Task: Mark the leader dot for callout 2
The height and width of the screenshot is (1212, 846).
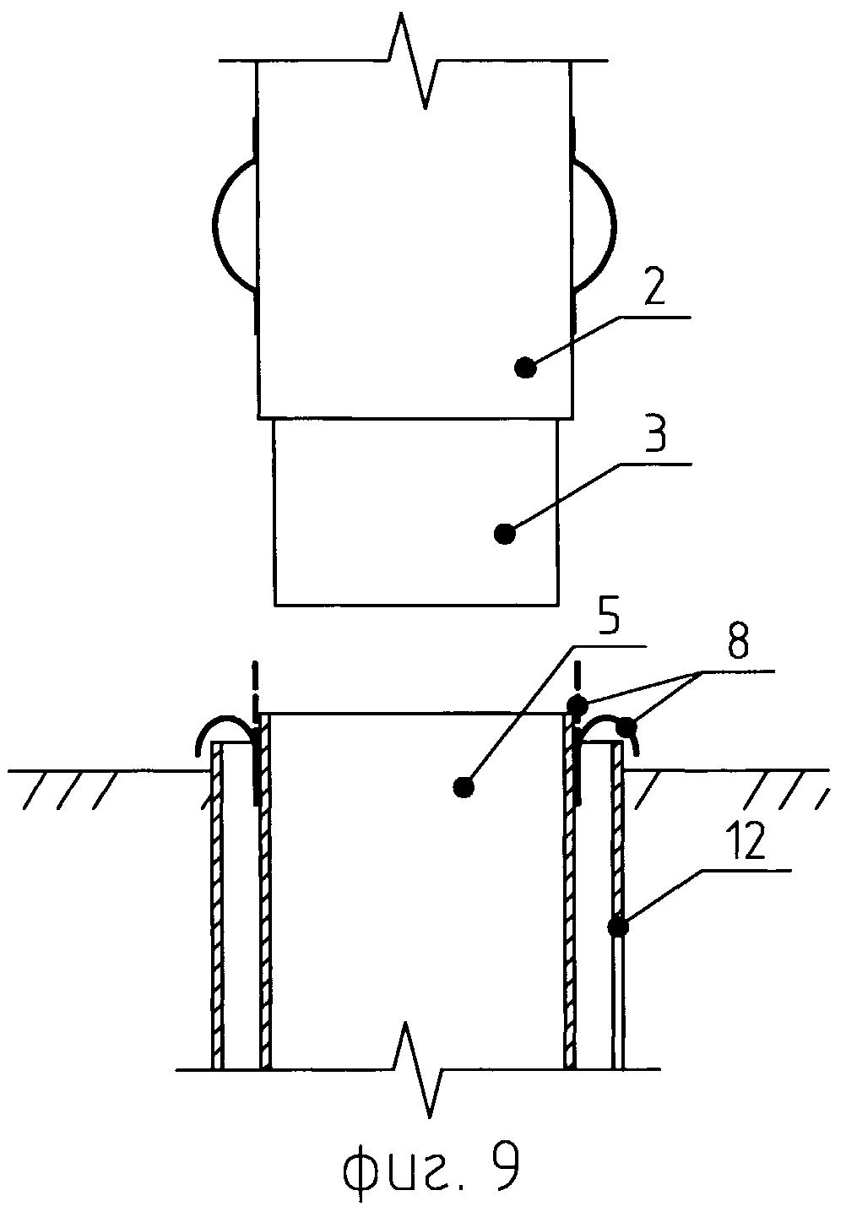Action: click(x=525, y=367)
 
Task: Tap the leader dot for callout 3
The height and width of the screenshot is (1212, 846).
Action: click(x=504, y=533)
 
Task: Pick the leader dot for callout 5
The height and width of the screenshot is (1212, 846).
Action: click(x=461, y=787)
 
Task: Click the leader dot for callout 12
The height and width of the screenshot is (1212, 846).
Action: click(x=619, y=927)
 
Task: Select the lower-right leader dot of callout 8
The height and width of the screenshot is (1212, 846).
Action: click(x=626, y=725)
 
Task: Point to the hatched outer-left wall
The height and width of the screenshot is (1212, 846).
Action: click(x=217, y=904)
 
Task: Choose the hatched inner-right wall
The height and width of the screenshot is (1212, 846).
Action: click(x=570, y=904)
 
